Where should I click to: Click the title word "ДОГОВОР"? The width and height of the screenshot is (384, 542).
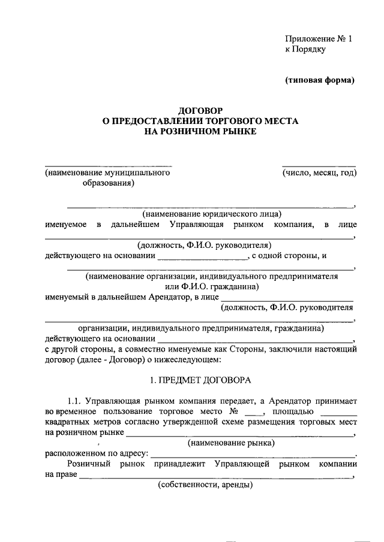click(x=200, y=110)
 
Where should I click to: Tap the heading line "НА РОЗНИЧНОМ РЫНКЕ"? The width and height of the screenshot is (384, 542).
click(x=200, y=131)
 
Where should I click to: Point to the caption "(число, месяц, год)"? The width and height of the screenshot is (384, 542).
click(x=320, y=173)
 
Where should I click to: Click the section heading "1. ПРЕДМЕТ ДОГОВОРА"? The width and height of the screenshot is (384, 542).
click(x=200, y=380)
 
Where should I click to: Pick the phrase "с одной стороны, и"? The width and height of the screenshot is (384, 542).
click(x=289, y=256)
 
